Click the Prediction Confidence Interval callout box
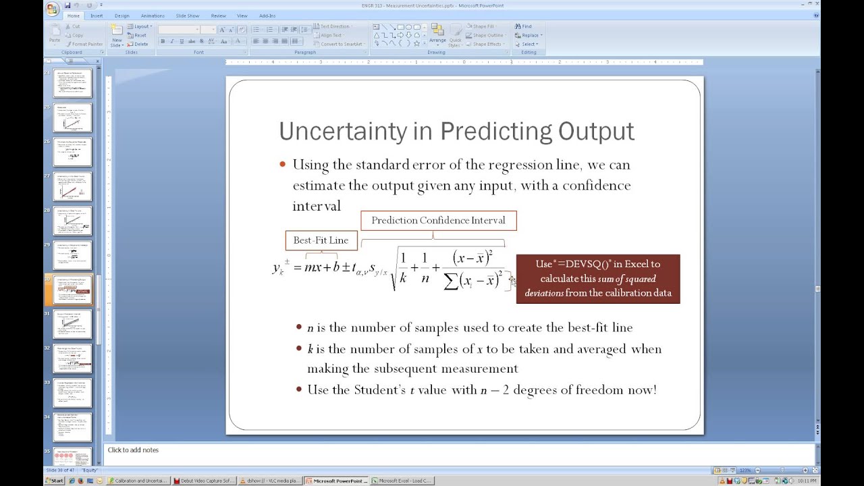tap(438, 221)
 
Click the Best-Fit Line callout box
tap(321, 240)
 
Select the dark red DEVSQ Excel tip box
tap(597, 279)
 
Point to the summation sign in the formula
tap(451, 281)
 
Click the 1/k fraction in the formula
tap(403, 267)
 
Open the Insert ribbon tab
tap(97, 16)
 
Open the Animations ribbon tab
tap(153, 16)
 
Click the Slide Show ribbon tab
tap(188, 16)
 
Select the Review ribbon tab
tap(218, 16)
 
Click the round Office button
tap(52, 9)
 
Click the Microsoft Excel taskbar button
tap(404, 481)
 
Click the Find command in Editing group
tap(523, 26)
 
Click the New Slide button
tap(117, 36)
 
